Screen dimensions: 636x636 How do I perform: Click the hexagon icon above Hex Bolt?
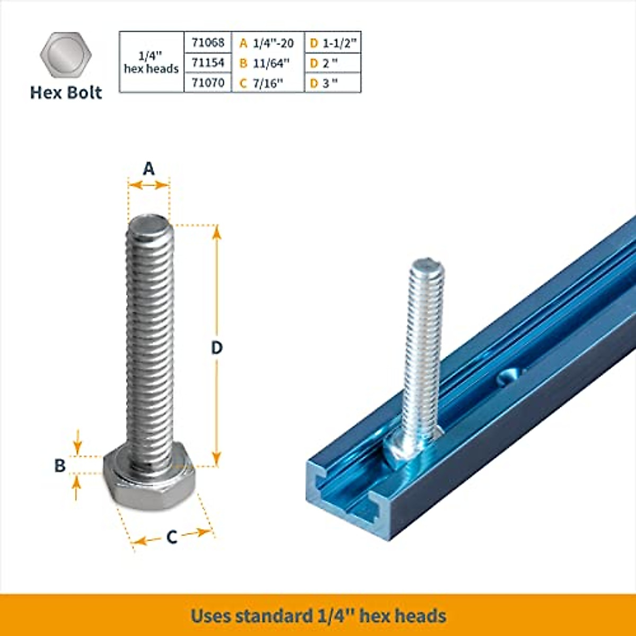(x=66, y=55)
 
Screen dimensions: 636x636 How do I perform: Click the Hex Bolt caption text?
(x=66, y=93)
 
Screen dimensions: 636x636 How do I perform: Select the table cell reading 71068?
(x=208, y=42)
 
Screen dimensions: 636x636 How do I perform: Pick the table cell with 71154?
(x=208, y=63)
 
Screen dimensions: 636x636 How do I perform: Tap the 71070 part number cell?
(x=208, y=83)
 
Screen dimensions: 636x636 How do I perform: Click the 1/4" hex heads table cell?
(x=152, y=63)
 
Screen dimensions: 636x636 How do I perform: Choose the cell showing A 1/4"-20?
(x=268, y=43)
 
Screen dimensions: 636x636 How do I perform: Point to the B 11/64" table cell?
(x=268, y=63)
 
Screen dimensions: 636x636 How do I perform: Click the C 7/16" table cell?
(x=268, y=83)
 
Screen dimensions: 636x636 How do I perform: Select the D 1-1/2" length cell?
(x=333, y=43)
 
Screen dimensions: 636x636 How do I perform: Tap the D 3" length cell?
(x=333, y=83)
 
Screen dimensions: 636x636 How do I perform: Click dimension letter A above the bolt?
(x=149, y=169)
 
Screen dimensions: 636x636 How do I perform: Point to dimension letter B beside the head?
(x=60, y=465)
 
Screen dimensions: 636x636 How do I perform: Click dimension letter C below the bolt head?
(x=172, y=537)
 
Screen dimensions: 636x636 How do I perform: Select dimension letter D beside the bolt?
(x=217, y=348)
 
